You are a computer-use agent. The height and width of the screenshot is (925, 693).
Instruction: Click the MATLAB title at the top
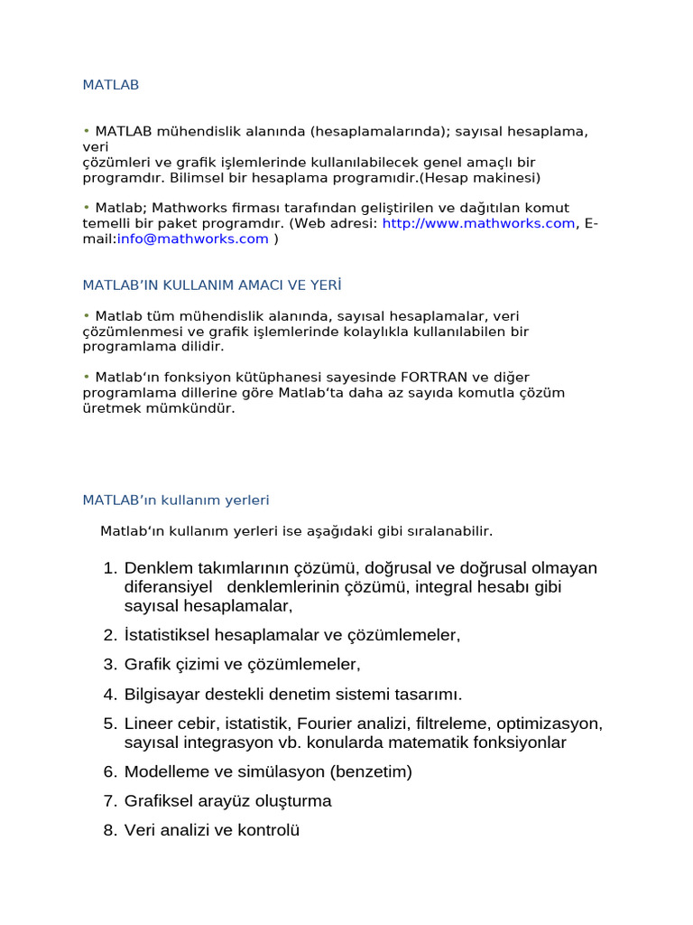coord(111,85)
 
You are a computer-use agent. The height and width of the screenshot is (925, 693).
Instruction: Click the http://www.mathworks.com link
coord(478,223)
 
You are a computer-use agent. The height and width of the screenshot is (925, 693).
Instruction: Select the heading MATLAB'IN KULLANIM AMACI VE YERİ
coord(212,285)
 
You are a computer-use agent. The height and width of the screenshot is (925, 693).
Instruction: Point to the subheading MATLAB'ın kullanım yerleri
coord(176,500)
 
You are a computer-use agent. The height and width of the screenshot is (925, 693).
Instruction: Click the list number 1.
coord(110,568)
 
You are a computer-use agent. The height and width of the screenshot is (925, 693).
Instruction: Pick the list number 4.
coord(110,695)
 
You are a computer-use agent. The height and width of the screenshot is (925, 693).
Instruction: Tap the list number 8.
coord(110,830)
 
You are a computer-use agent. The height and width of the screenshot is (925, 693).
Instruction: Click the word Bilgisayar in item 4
coord(163,695)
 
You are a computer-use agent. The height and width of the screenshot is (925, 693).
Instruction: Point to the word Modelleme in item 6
coord(164,771)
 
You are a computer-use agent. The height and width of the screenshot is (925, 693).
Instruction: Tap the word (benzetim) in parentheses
coord(371,771)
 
